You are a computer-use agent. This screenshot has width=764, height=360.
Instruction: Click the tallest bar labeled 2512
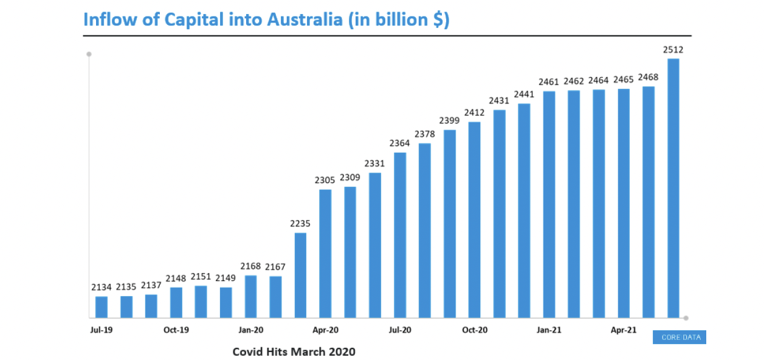pos(673,188)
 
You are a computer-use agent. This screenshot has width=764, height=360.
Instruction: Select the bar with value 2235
pos(300,275)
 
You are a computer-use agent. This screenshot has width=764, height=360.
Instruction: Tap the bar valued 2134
pos(102,306)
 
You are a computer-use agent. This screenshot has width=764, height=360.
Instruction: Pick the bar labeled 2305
pos(325,254)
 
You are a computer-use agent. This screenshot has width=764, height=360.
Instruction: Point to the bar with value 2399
pos(450,224)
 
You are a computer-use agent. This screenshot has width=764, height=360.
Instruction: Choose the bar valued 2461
pos(549,204)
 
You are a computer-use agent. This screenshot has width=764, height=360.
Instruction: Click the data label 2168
pos(250,266)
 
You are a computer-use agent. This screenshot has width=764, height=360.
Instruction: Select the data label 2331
pos(374,164)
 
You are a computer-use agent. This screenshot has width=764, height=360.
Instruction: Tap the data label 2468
pos(649,77)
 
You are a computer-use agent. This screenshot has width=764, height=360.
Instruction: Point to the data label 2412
pos(474,112)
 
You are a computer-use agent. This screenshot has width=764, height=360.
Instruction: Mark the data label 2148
pos(176,279)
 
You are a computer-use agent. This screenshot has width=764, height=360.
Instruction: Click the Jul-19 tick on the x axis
pos(101,330)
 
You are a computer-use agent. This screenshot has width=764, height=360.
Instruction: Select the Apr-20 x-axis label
pos(325,330)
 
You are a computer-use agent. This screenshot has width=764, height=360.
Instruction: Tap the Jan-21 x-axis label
pos(549,330)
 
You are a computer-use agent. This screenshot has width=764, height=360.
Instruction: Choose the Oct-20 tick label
pos(474,330)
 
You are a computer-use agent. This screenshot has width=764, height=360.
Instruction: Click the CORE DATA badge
pos(680,337)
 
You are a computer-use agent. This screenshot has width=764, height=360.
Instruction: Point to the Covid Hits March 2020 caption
pos(294,351)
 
